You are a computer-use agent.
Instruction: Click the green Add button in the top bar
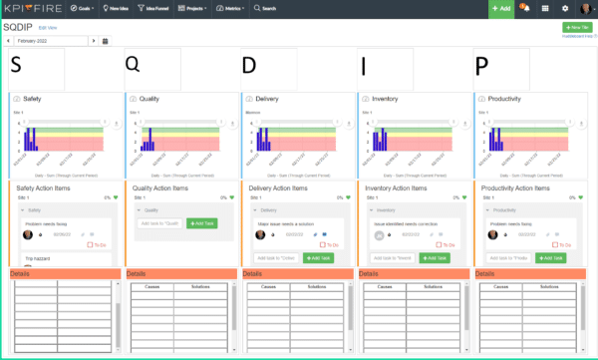click(x=501, y=7)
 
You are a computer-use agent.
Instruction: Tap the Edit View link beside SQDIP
click(x=47, y=28)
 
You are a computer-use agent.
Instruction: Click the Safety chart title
click(x=32, y=100)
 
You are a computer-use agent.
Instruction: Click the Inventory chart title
click(x=384, y=100)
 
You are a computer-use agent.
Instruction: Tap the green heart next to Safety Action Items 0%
click(x=115, y=197)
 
